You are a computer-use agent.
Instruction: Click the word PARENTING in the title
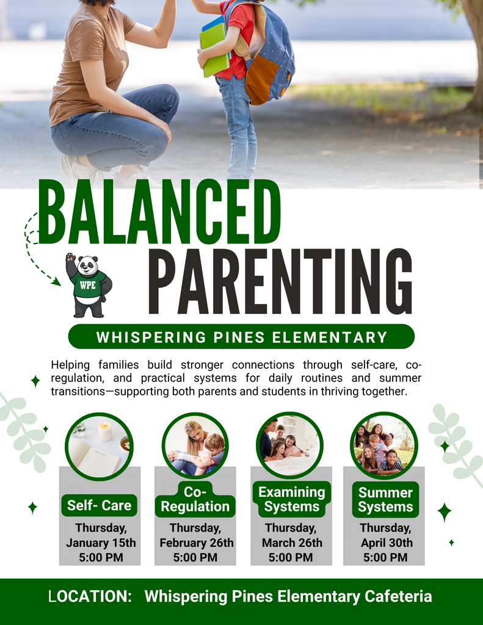pos(280,281)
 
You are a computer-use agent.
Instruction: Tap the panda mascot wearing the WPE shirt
pos(89,286)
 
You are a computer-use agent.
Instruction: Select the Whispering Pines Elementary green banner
pos(241,337)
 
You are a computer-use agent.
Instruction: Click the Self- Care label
pos(99,505)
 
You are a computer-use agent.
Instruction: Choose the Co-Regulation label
pos(195,499)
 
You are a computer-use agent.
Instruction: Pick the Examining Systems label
pos(292,499)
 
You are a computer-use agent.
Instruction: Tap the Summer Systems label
pos(385,500)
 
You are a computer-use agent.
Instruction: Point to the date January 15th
pos(101,543)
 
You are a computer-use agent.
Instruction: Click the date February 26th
pos(196,543)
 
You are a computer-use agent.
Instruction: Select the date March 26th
pos(292,543)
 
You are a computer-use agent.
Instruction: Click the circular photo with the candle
pos(98,446)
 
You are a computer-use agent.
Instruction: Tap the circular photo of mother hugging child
pos(195,446)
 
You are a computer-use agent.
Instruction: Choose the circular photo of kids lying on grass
pos(384,446)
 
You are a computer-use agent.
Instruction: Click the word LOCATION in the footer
pos(90,596)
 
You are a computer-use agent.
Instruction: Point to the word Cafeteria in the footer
pos(398,596)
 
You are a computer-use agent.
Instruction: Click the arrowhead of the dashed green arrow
pos(57,281)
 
